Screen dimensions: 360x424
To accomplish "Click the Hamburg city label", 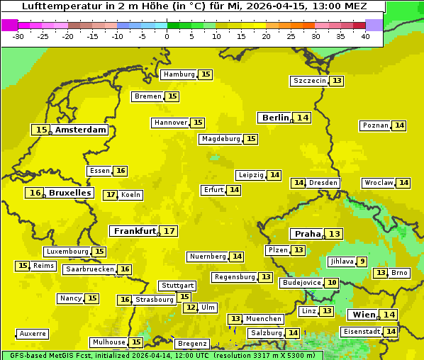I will tap(179, 74).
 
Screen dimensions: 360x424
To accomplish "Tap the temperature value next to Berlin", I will tap(303, 118).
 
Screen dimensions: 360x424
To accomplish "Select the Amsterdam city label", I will tap(81, 130).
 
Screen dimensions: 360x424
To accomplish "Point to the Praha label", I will tap(308, 234).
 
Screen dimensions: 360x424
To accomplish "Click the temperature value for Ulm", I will tap(190, 308).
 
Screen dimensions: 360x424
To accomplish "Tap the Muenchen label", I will tap(264, 319).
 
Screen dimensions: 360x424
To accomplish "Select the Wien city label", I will tap(363, 315).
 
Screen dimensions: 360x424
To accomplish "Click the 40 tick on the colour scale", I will tap(365, 35).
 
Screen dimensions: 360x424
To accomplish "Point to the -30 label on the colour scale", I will tap(18, 35).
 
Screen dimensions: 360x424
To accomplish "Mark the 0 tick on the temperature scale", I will tap(167, 35).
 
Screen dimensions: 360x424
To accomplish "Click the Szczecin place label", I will tap(310, 81).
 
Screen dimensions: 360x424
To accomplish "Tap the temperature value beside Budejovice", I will tap(331, 283).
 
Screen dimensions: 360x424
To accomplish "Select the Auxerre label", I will tap(33, 334).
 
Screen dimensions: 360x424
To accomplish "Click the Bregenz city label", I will tap(191, 344).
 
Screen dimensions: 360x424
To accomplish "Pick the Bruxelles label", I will tap(69, 193).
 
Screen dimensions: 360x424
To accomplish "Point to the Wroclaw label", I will tap(378, 183).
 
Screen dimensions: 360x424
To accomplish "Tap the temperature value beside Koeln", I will tap(110, 195).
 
